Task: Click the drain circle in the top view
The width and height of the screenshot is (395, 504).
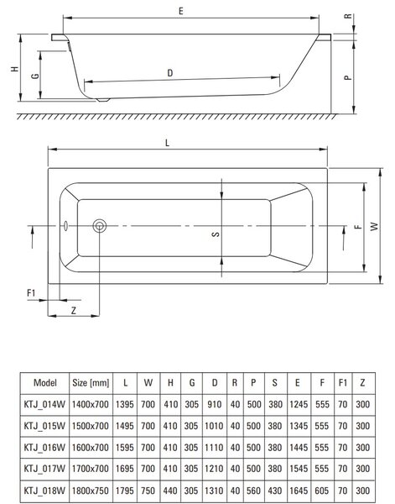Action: tap(100, 226)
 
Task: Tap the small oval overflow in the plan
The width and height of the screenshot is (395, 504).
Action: tap(65, 226)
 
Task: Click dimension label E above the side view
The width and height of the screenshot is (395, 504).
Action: tap(181, 11)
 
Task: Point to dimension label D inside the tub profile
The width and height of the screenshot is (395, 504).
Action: tap(170, 73)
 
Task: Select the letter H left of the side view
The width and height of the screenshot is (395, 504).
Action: tap(14, 69)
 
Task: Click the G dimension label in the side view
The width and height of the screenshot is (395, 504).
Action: tap(35, 76)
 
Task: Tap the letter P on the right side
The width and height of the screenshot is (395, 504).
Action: tap(348, 77)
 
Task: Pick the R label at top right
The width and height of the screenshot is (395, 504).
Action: tap(348, 16)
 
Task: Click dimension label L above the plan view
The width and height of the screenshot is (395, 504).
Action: tap(167, 143)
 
